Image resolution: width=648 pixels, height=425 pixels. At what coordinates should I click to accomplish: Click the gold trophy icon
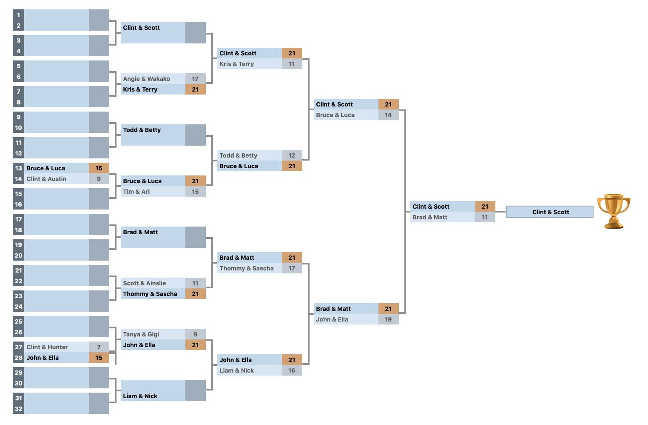(614, 211)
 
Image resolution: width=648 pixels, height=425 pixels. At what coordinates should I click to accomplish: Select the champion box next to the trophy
(550, 212)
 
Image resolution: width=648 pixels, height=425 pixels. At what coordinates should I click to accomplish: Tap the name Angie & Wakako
(146, 79)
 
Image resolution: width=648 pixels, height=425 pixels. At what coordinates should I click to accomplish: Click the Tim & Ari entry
(136, 192)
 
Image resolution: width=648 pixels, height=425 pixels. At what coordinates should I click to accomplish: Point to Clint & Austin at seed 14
(46, 179)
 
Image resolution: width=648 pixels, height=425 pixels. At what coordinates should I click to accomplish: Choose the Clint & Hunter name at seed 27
(47, 347)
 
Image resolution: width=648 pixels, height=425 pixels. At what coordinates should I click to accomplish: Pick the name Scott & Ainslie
(144, 283)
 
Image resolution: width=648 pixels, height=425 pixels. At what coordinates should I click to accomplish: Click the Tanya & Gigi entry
(141, 334)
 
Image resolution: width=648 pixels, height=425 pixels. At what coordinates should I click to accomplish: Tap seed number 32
(19, 409)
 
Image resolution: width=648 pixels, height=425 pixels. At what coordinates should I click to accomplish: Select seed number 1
(19, 15)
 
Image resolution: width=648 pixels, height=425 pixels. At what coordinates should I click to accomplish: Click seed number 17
(19, 219)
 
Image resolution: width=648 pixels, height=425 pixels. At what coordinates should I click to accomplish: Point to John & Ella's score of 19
(388, 319)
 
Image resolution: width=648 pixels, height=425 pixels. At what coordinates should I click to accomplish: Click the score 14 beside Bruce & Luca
(388, 115)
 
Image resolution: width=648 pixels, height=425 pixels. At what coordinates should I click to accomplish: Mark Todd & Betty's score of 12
(292, 155)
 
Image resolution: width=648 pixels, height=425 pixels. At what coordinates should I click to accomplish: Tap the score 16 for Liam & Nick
(292, 370)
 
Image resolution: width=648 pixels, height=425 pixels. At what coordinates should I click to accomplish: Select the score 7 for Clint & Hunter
(99, 347)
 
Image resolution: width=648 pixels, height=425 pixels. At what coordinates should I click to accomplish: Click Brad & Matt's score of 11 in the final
(485, 217)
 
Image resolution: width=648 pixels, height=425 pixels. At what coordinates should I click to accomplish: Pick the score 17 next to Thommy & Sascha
(292, 268)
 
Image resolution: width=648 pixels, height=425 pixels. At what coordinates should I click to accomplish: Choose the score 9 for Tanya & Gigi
(195, 334)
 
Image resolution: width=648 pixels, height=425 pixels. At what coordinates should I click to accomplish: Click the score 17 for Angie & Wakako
(195, 79)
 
